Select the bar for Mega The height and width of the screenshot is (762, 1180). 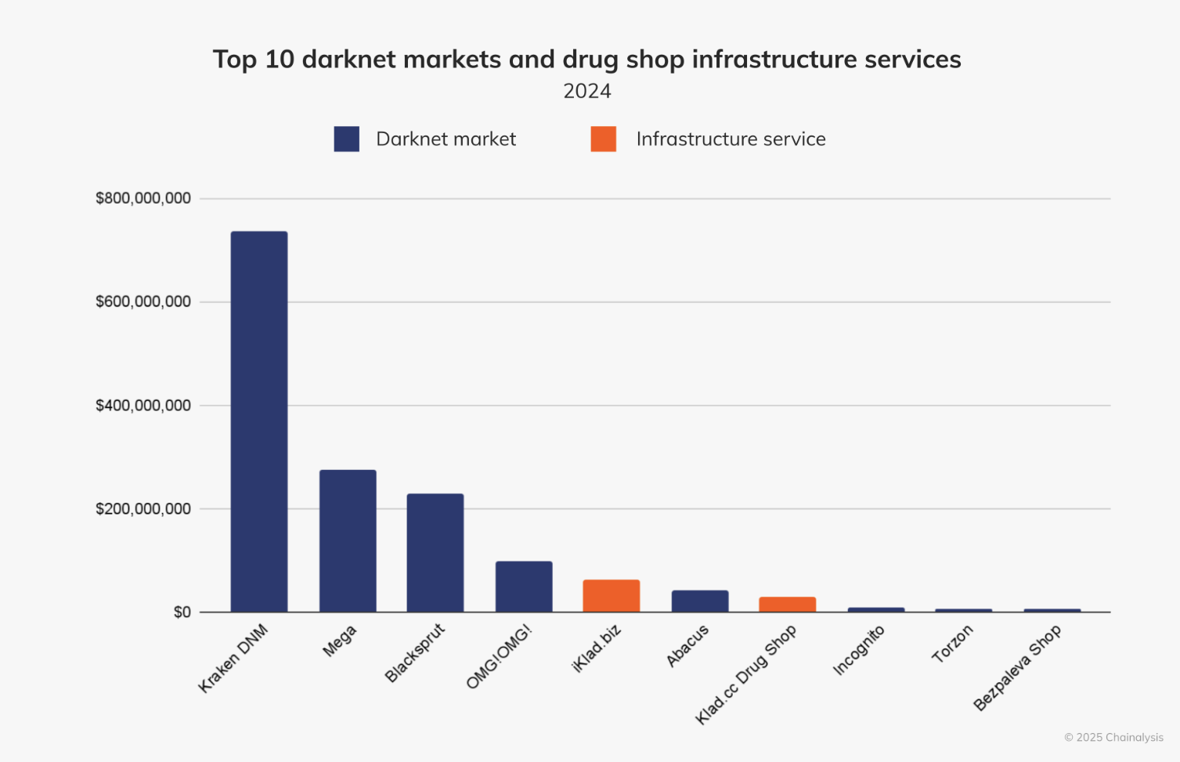click(348, 540)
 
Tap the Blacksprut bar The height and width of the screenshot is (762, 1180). click(435, 552)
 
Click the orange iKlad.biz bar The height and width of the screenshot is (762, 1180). click(611, 595)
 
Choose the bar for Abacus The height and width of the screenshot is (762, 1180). click(699, 601)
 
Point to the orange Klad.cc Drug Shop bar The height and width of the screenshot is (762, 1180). click(787, 604)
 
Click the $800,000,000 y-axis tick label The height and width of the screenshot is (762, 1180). click(143, 198)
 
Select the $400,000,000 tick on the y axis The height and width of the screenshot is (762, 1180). click(143, 405)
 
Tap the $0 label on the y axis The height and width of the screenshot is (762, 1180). click(182, 612)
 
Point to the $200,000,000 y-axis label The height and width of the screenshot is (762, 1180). click(143, 508)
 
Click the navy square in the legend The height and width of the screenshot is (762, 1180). click(346, 139)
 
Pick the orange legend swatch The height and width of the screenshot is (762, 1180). click(603, 139)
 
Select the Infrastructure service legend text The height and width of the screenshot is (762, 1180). click(731, 139)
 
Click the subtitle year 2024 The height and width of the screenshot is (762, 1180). click(587, 91)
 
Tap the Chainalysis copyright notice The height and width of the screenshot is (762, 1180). click(1113, 737)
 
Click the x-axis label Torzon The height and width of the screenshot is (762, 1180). click(952, 644)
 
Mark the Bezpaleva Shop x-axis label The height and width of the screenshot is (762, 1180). click(1016, 667)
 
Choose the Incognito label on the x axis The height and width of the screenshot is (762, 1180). click(858, 650)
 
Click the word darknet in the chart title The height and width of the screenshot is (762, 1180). click(348, 60)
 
